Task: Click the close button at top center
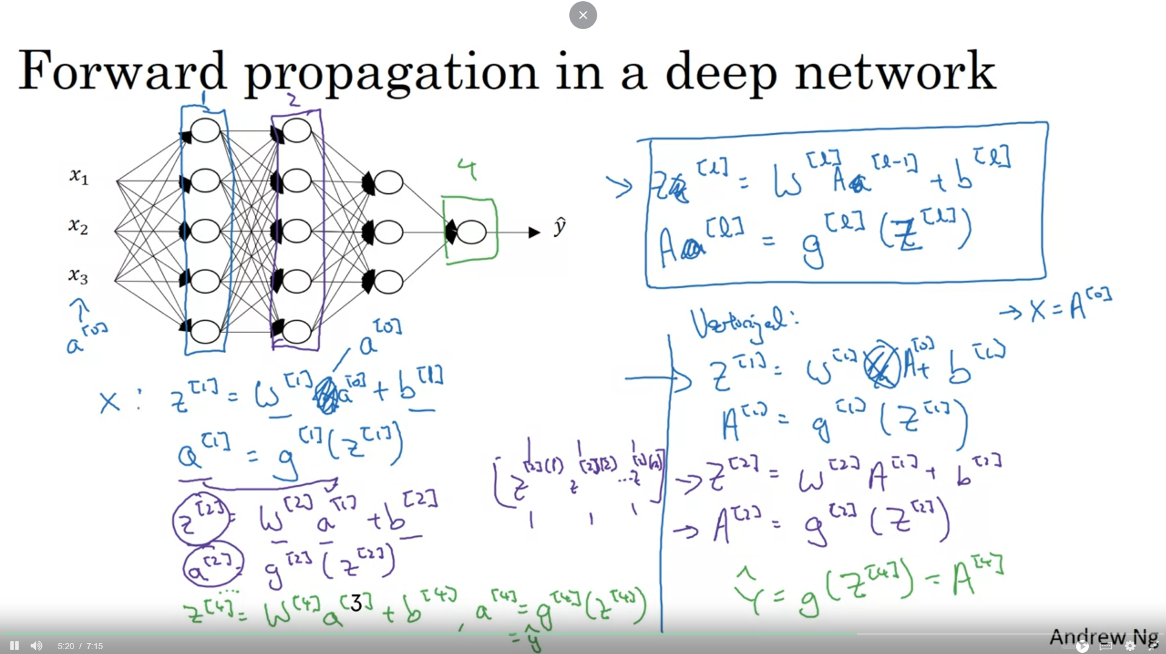coord(583,15)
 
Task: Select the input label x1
coord(79,176)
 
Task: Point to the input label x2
coord(78,226)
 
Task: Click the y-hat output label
coord(560,226)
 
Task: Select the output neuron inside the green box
coord(472,232)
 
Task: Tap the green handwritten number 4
coord(467,170)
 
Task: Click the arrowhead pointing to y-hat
coord(535,232)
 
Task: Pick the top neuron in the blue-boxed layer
coord(205,131)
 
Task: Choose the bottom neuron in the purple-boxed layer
coord(297,331)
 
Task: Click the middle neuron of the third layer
coord(389,232)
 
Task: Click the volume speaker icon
coord(36,645)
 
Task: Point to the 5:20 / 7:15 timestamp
coord(80,646)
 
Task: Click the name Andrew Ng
coord(1103,637)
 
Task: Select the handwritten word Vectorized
coord(744,322)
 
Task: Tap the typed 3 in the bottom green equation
coord(356,603)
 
